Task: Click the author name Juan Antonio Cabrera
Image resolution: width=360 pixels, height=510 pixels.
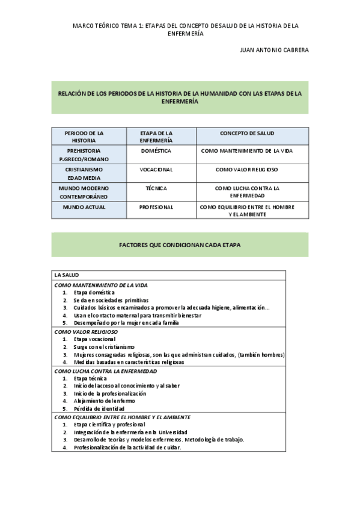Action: coord(274,50)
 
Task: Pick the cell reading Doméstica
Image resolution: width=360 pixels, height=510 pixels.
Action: coord(156,150)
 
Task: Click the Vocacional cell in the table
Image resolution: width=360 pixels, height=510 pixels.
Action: coord(156,170)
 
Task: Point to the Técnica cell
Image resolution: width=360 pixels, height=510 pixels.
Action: coord(156,188)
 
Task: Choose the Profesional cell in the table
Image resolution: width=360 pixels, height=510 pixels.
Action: coord(156,207)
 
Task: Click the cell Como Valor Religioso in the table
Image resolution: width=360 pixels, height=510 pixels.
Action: coord(246,170)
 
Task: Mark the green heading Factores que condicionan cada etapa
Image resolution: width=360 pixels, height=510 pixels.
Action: coord(180,245)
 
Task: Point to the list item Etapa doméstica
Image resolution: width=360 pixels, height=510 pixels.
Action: coord(94,292)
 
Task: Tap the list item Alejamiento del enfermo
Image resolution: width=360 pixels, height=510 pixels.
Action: coord(104,401)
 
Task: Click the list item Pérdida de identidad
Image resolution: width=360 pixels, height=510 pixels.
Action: coord(99,409)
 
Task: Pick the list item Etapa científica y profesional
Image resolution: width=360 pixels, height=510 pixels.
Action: coord(109,425)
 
